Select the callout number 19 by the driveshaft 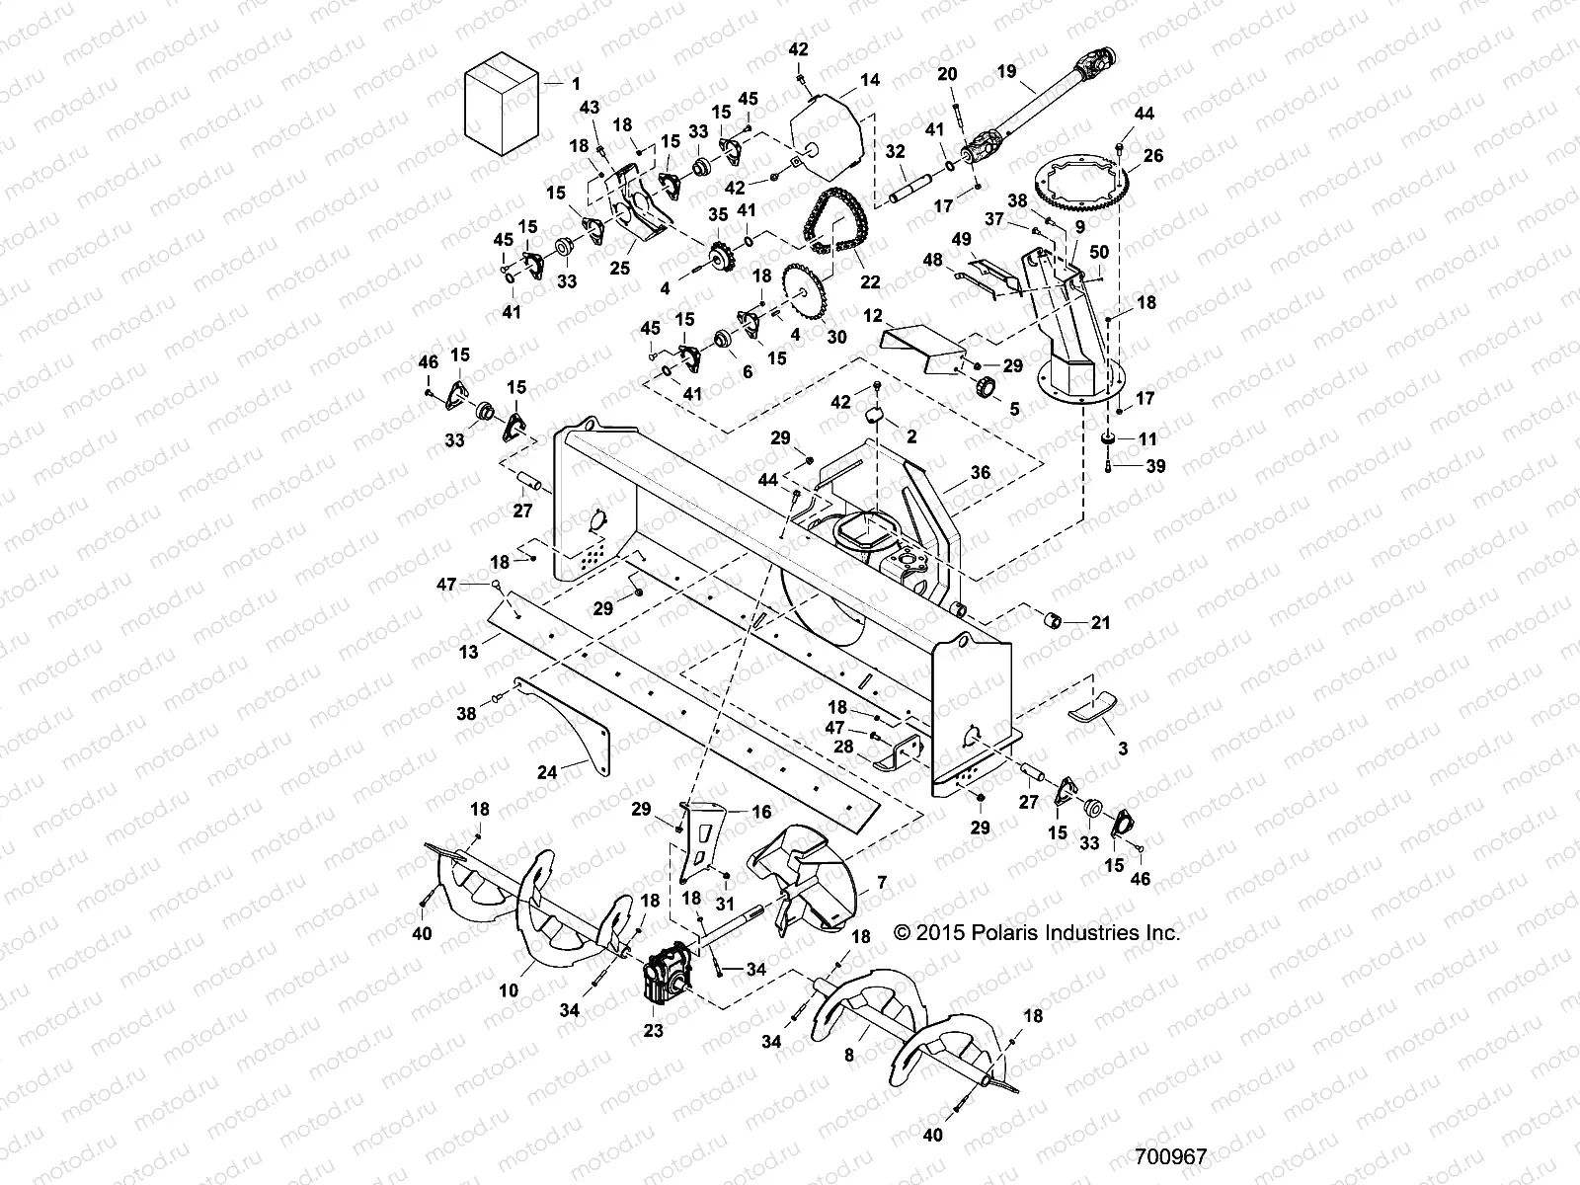point(1006,71)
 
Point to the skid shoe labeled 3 point(1094,708)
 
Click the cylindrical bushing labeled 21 point(1054,622)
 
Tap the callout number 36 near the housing point(980,473)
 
